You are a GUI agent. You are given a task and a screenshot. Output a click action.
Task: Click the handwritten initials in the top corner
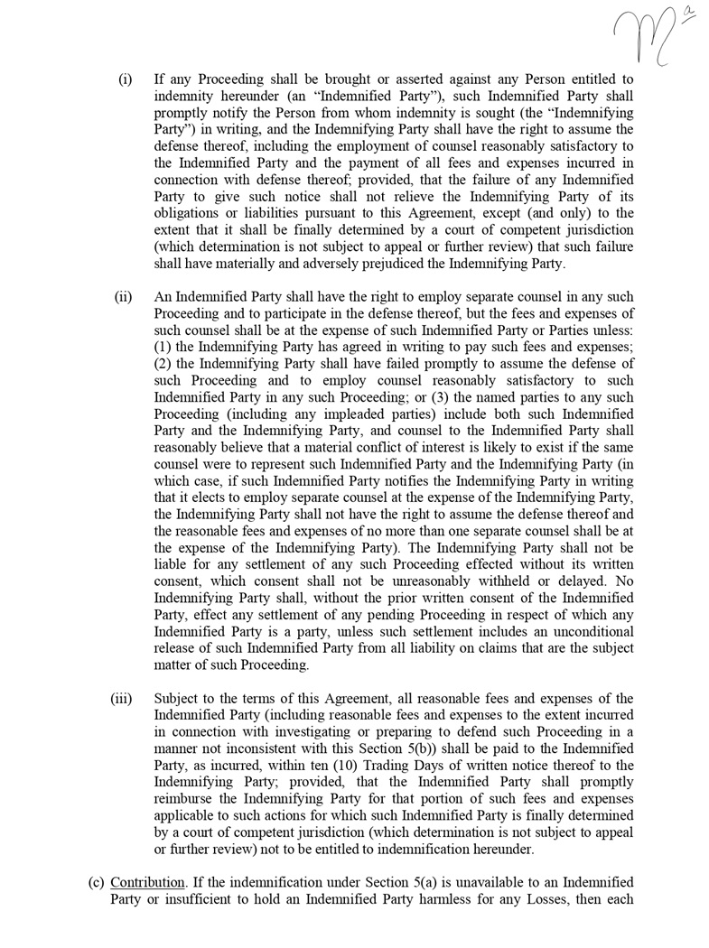click(647, 33)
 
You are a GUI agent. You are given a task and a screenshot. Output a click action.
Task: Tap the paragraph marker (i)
click(126, 79)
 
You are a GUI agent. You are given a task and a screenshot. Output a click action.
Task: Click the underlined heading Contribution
click(147, 882)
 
